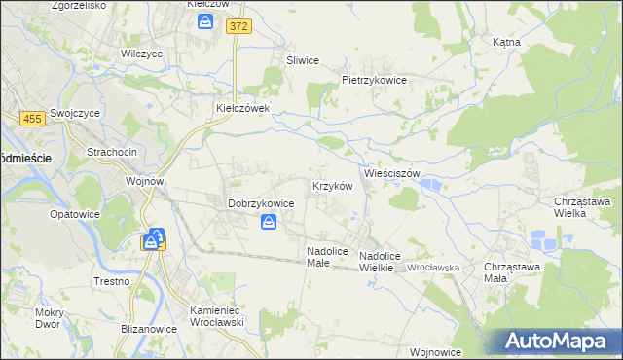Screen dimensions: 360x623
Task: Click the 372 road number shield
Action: click(x=238, y=27)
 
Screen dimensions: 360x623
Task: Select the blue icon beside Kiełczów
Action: click(x=205, y=20)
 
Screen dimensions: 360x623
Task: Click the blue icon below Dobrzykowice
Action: click(x=269, y=223)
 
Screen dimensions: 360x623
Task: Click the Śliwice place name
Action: click(x=302, y=60)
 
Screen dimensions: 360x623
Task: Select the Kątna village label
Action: click(x=506, y=43)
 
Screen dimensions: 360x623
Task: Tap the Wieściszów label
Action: click(x=391, y=172)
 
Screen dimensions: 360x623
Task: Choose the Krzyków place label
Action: click(x=332, y=185)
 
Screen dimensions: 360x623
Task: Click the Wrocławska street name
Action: click(x=433, y=267)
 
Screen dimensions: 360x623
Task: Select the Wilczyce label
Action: click(x=139, y=54)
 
